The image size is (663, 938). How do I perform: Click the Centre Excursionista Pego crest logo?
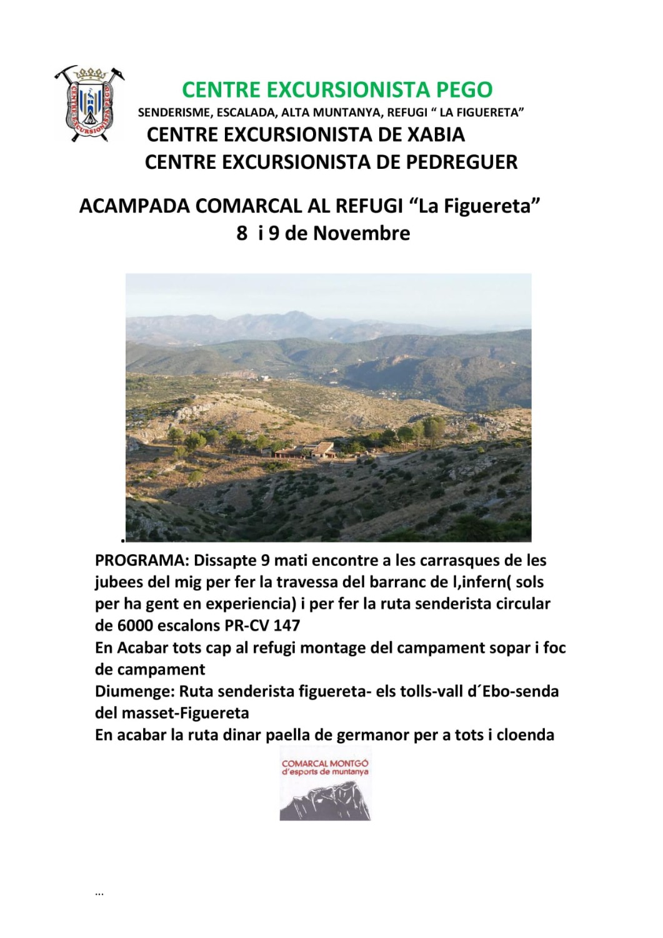[x=89, y=103]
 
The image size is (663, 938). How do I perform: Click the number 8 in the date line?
[x=242, y=233]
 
